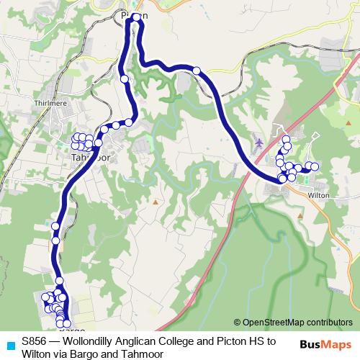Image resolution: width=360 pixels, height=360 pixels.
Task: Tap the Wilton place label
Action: pos(319,195)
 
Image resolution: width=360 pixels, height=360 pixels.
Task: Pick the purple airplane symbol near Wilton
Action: pos(258,145)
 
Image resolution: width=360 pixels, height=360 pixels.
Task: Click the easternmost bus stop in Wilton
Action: pos(314,167)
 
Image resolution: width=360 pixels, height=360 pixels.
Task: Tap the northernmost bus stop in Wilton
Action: pos(285,139)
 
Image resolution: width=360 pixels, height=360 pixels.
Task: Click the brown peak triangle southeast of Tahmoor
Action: pos(153,202)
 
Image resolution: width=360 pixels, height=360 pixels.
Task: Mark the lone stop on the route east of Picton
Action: pos(196,70)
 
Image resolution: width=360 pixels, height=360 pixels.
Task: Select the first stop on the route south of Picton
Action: pos(125,78)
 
